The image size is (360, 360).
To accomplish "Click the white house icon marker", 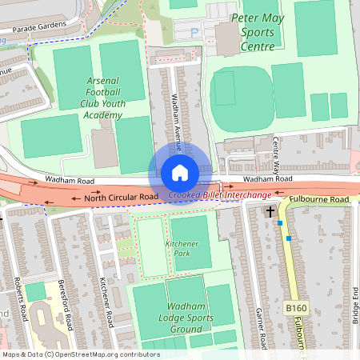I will point(180,173).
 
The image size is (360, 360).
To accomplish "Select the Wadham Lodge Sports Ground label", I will point(184,318).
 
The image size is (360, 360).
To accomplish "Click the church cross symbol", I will point(270,213).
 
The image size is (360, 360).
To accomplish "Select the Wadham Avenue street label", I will point(177,120).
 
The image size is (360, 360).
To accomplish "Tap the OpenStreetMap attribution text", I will point(80,354).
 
